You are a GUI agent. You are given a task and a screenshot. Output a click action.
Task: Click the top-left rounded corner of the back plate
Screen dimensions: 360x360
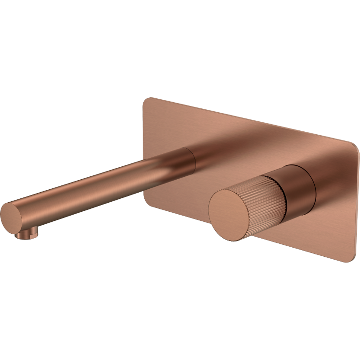(x=147, y=101)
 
